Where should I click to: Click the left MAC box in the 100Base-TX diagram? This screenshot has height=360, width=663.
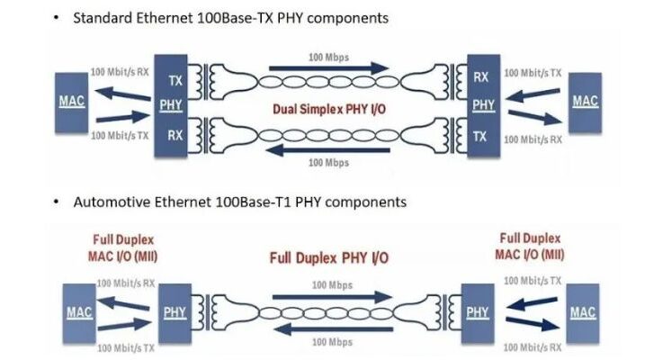click(x=71, y=102)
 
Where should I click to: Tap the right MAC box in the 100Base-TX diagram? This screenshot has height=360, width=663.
click(x=585, y=102)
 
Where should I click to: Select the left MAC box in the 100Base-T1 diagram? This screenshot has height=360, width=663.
click(x=79, y=312)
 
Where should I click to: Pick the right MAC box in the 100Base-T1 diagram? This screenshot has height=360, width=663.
click(x=583, y=312)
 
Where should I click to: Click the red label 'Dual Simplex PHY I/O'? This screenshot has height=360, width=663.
click(x=329, y=110)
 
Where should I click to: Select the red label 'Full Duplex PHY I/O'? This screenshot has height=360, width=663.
click(x=329, y=258)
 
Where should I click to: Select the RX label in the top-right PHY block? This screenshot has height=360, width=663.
click(x=482, y=78)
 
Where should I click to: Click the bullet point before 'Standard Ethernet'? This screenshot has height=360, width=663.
click(x=56, y=19)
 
